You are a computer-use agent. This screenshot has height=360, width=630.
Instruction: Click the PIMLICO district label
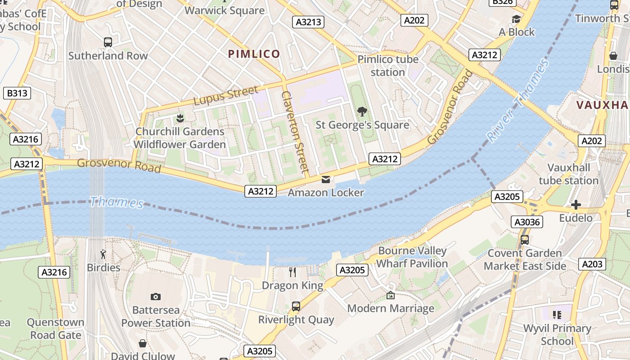coord(254,54)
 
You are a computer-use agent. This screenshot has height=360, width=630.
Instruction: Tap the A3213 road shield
coord(308,22)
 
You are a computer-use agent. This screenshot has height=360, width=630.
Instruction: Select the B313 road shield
coord(18,93)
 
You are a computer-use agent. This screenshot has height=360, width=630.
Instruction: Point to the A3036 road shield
coord(527,222)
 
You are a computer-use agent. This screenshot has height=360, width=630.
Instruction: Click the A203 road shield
coord(592,264)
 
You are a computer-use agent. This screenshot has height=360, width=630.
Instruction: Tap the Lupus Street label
coord(226,95)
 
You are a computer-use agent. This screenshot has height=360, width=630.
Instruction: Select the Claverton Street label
coord(295,132)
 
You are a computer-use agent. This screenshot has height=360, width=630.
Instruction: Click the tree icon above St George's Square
coord(362,111)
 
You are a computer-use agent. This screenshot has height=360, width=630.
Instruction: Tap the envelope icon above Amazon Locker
coord(326,180)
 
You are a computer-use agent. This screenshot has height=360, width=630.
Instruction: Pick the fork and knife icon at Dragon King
coord(292,272)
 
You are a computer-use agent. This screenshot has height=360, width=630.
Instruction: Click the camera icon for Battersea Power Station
coord(156,297)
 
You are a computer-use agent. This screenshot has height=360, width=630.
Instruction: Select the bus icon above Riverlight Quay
coord(296,306)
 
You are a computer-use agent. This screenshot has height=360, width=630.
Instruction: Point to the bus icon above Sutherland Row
coord(108,42)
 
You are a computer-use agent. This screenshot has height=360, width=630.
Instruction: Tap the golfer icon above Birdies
coord(103,254)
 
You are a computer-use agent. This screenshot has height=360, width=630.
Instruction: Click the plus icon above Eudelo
coord(576,205)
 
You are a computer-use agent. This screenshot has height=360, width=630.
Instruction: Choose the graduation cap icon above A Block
coord(516,19)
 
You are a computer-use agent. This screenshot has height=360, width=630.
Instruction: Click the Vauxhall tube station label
coord(568,174)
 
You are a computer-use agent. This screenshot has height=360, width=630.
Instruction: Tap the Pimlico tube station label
coord(388,66)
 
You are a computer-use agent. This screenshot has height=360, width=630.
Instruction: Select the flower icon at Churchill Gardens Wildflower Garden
coord(180,118)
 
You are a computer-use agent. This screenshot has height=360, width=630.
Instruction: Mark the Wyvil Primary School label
coord(557,334)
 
